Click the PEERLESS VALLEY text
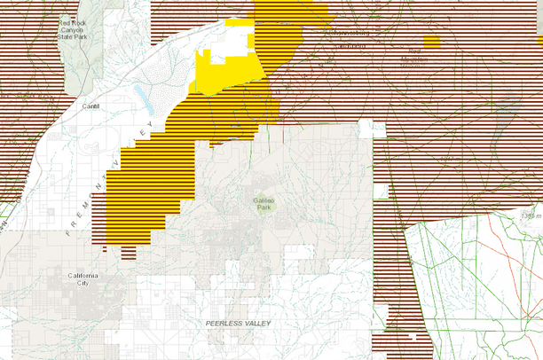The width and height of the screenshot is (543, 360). point(237,324)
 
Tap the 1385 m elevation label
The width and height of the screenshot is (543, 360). point(531,216)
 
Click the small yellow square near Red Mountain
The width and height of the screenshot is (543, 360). point(432,41)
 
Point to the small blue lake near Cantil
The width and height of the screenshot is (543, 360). point(142,93)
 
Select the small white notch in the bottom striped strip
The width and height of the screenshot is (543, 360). point(413,336)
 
